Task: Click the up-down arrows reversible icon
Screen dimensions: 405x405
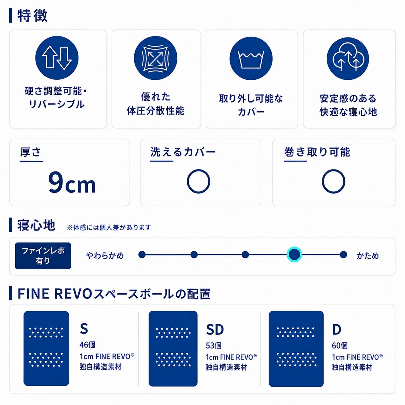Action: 57,58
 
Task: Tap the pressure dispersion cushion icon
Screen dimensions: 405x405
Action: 155,58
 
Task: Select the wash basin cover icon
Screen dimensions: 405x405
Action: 251,59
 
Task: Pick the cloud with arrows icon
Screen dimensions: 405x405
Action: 348,59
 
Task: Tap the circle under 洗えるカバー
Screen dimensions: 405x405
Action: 198,181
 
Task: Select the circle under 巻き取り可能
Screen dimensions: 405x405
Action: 333,181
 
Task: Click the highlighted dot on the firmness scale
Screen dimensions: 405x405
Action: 294,254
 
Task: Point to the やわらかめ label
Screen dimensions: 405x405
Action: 105,256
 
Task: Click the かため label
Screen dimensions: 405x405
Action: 368,256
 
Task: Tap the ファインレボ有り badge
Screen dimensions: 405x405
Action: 43,256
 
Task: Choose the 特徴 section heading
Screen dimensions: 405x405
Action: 32,16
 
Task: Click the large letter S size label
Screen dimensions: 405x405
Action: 84,329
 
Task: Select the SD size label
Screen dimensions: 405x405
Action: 215,329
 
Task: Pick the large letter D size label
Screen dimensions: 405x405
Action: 337,329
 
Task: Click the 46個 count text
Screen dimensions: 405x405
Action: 88,345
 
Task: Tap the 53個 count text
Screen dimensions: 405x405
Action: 214,346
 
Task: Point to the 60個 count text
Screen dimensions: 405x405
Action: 340,346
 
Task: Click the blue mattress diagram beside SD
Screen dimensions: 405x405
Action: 173,349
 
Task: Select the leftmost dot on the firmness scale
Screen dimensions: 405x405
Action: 142,254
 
